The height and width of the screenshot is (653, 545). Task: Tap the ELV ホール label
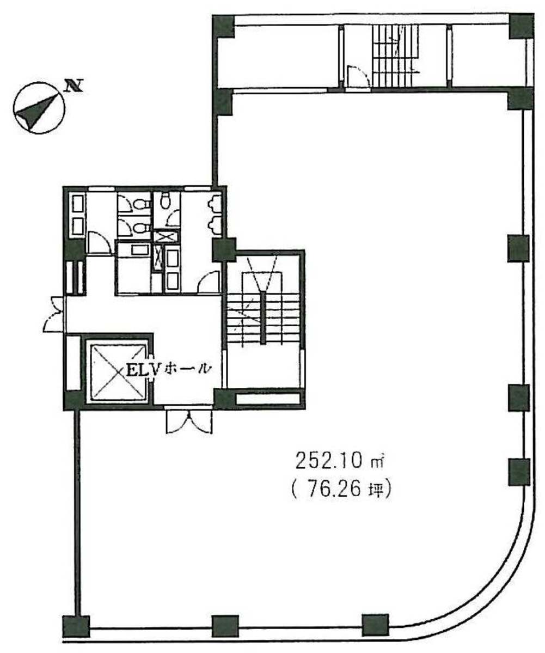(x=168, y=369)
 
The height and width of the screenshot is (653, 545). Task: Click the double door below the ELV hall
(x=188, y=420)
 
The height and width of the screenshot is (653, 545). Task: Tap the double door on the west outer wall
(x=54, y=314)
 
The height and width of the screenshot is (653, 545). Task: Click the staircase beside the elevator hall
(x=264, y=320)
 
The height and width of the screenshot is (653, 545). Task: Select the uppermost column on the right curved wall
(x=518, y=248)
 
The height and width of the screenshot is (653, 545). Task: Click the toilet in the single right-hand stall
(x=166, y=200)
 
